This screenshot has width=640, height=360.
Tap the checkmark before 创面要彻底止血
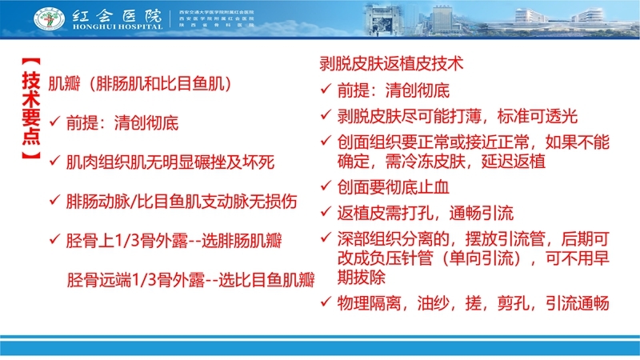(x=325, y=186)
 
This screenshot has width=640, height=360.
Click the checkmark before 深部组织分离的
(x=325, y=238)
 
